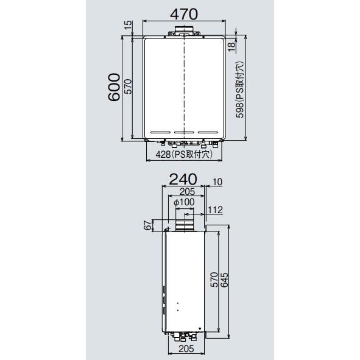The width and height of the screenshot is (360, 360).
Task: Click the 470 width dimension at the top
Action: tap(183, 12)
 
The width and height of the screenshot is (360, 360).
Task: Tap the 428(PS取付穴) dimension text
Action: tap(182, 155)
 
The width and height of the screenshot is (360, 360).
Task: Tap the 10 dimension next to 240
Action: tap(219, 182)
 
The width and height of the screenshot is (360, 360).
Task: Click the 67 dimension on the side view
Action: tap(147, 225)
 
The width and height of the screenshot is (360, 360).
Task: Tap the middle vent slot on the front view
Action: tap(183, 132)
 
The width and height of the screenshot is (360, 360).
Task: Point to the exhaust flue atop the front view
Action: tap(183, 32)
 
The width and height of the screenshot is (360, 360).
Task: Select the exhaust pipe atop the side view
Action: tap(183, 225)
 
